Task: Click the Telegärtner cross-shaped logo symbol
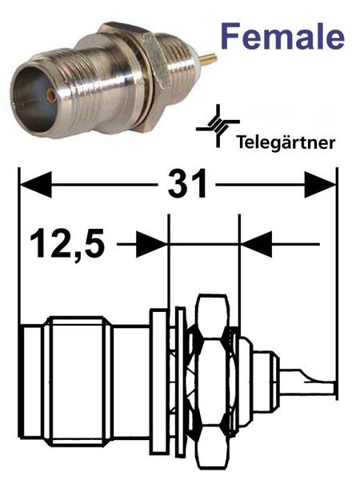click(218, 126)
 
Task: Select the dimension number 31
click(187, 184)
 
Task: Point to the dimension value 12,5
click(67, 244)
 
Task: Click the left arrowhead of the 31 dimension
click(35, 184)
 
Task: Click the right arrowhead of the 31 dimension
click(320, 185)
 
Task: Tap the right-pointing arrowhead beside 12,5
click(151, 244)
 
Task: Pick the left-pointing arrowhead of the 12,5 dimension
click(257, 244)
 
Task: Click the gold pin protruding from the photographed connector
click(209, 58)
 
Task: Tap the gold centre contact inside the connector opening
click(50, 95)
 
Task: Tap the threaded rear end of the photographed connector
click(179, 62)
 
